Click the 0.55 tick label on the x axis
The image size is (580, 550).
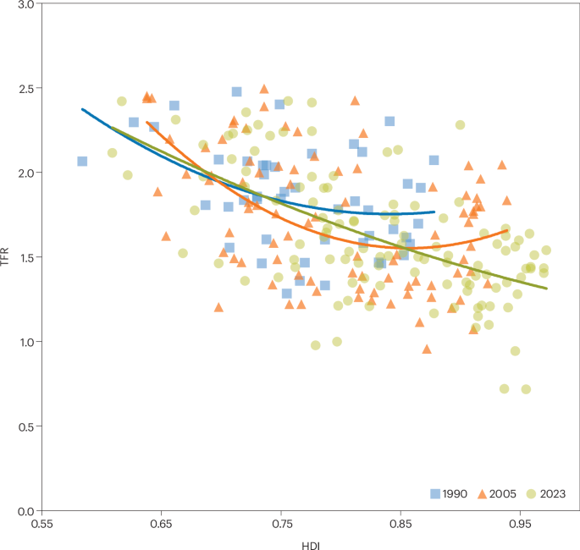41,525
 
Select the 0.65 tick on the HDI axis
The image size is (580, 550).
161,525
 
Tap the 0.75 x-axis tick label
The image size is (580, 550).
280,525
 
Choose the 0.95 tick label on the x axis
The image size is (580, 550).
519,525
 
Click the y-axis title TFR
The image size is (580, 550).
7,257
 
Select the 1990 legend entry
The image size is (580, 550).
449,493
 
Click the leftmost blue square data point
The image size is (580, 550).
82,161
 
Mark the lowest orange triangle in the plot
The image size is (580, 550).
427,349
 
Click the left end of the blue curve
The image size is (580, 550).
82,109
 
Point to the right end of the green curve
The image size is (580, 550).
546,289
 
